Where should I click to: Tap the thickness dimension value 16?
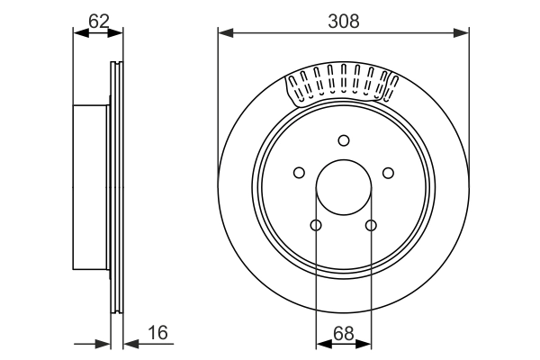(157, 334)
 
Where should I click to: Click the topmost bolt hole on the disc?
(343, 139)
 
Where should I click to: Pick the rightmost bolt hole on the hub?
(388, 173)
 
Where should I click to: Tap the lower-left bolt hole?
(316, 225)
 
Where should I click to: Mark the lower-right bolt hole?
(371, 225)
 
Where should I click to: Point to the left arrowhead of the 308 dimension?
(225, 34)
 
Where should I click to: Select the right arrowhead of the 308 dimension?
(462, 34)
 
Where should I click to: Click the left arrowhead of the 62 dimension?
(79, 32)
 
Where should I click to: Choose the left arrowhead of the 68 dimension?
(322, 343)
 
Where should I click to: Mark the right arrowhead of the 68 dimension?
(364, 343)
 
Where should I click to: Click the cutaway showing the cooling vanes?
(342, 85)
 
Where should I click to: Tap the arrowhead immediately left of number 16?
(130, 343)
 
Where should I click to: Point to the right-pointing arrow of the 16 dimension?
(103, 343)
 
